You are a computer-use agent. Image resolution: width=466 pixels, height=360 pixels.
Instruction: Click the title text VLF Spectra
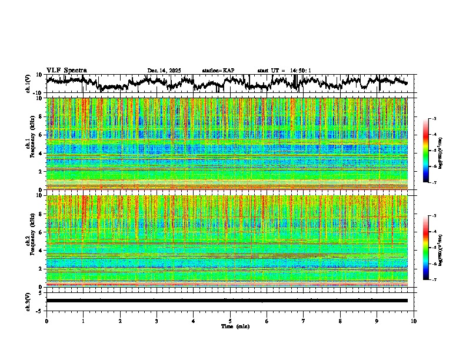66,71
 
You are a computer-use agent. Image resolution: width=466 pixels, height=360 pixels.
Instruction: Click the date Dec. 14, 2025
164,71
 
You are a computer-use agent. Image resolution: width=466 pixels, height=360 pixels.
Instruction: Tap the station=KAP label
218,71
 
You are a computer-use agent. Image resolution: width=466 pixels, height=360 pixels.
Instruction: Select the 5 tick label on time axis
231,321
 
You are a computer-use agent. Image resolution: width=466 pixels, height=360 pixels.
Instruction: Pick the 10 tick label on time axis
414,321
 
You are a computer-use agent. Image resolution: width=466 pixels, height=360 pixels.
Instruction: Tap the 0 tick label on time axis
46,321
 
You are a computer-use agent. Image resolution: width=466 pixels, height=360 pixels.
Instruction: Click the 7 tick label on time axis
304,321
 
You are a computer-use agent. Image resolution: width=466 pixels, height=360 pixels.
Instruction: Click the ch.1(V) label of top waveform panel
28,84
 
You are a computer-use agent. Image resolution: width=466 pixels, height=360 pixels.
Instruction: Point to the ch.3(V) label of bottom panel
28,300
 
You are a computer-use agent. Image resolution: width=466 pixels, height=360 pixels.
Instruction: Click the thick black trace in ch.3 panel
229,301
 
